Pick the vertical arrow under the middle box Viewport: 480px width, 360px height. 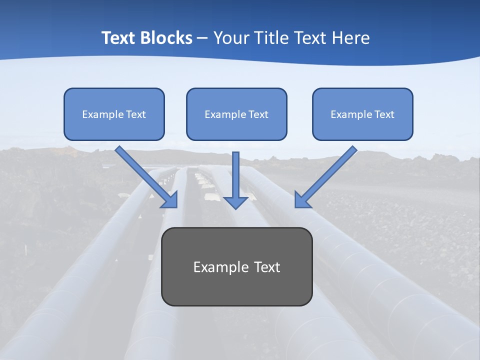pos(235,175)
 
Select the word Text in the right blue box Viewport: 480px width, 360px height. pos(384,114)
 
